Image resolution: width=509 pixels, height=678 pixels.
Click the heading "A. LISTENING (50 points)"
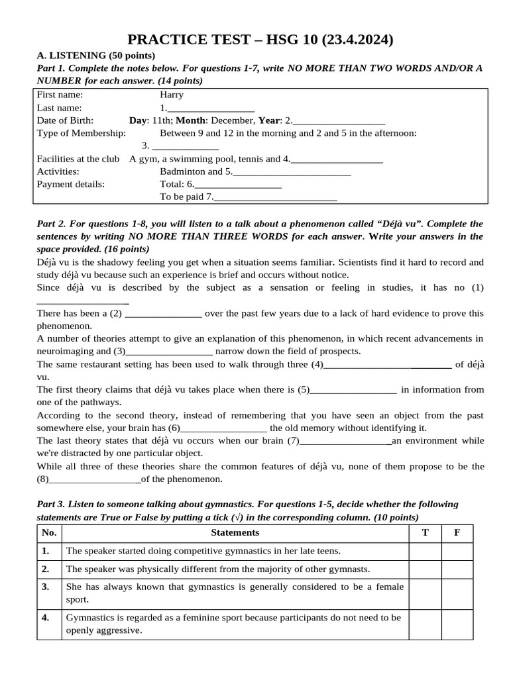95,55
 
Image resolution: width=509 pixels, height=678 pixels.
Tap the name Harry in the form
172,95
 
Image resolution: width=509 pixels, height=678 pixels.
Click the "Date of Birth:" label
65,121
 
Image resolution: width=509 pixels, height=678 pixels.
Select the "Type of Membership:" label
81,133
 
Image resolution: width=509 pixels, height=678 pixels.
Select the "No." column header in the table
49,532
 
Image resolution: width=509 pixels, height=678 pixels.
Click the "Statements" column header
235,532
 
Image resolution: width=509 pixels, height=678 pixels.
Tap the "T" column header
425,532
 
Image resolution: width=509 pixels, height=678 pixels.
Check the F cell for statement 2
457,569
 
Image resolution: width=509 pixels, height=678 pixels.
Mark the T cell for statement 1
425,551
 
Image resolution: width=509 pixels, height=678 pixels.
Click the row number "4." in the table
46,618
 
